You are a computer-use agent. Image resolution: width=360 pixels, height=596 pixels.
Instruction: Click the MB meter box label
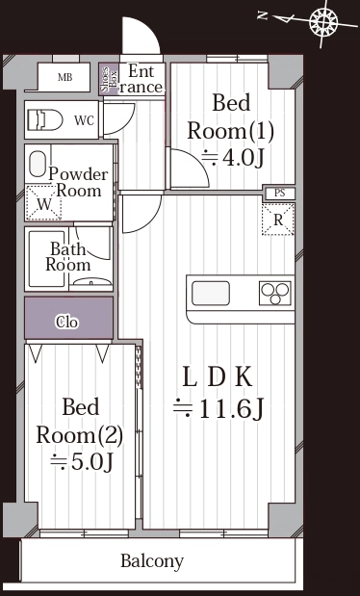pos(65,78)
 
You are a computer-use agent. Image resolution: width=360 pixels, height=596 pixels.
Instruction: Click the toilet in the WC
pos(45,119)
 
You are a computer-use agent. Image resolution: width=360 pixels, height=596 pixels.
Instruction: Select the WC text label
pos(84,121)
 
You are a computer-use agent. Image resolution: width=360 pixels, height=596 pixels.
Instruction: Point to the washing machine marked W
pos(43,203)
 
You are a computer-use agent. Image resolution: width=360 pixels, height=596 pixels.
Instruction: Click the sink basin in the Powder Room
pos(38,165)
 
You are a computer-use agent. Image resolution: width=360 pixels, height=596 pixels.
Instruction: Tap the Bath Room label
pos(68,257)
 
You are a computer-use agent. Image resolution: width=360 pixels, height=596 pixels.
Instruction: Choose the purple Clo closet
pos(68,318)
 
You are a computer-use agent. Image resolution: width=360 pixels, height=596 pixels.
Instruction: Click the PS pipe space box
pos(280,194)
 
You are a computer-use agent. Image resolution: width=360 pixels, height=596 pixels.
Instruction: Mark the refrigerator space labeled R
pos(278,220)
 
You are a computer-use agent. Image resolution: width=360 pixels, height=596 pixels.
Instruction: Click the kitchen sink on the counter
pos(211,293)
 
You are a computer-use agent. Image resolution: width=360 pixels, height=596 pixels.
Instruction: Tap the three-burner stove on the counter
pos(275,293)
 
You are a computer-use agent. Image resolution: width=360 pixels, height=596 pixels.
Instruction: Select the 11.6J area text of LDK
pos(219,408)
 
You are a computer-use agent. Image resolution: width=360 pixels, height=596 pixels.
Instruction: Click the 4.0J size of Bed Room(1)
pos(232,159)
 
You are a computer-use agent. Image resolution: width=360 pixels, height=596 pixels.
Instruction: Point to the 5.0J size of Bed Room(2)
pos(82,462)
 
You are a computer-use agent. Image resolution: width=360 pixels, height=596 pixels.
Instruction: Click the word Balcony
pos(152,561)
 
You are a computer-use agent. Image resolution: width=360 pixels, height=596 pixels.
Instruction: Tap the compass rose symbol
pos(323,22)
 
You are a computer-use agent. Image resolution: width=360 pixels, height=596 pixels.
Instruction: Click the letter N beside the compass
pos(263,15)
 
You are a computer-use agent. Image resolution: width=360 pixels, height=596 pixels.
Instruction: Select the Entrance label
pos(141,79)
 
